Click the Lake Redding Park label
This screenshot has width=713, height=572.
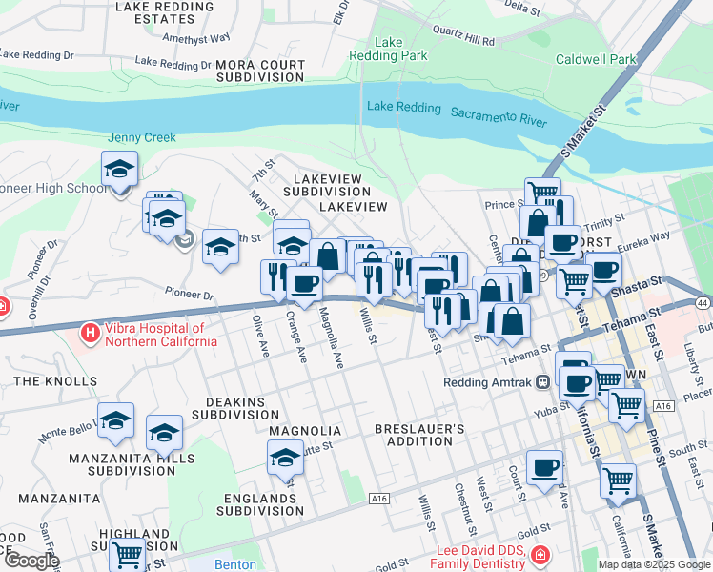point(401,49)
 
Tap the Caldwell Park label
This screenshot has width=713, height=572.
point(596,59)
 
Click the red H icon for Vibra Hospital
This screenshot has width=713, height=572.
point(90,333)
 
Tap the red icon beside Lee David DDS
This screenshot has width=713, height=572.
point(540,554)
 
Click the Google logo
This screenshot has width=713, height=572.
point(31,561)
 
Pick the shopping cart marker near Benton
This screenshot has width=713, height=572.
point(127,553)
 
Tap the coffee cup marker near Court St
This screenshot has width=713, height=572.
point(544,467)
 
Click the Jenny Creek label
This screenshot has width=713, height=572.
point(142,137)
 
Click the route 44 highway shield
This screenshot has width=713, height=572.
point(703,302)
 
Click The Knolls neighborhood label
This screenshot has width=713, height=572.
point(40,380)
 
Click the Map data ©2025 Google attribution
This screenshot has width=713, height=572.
point(654,564)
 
